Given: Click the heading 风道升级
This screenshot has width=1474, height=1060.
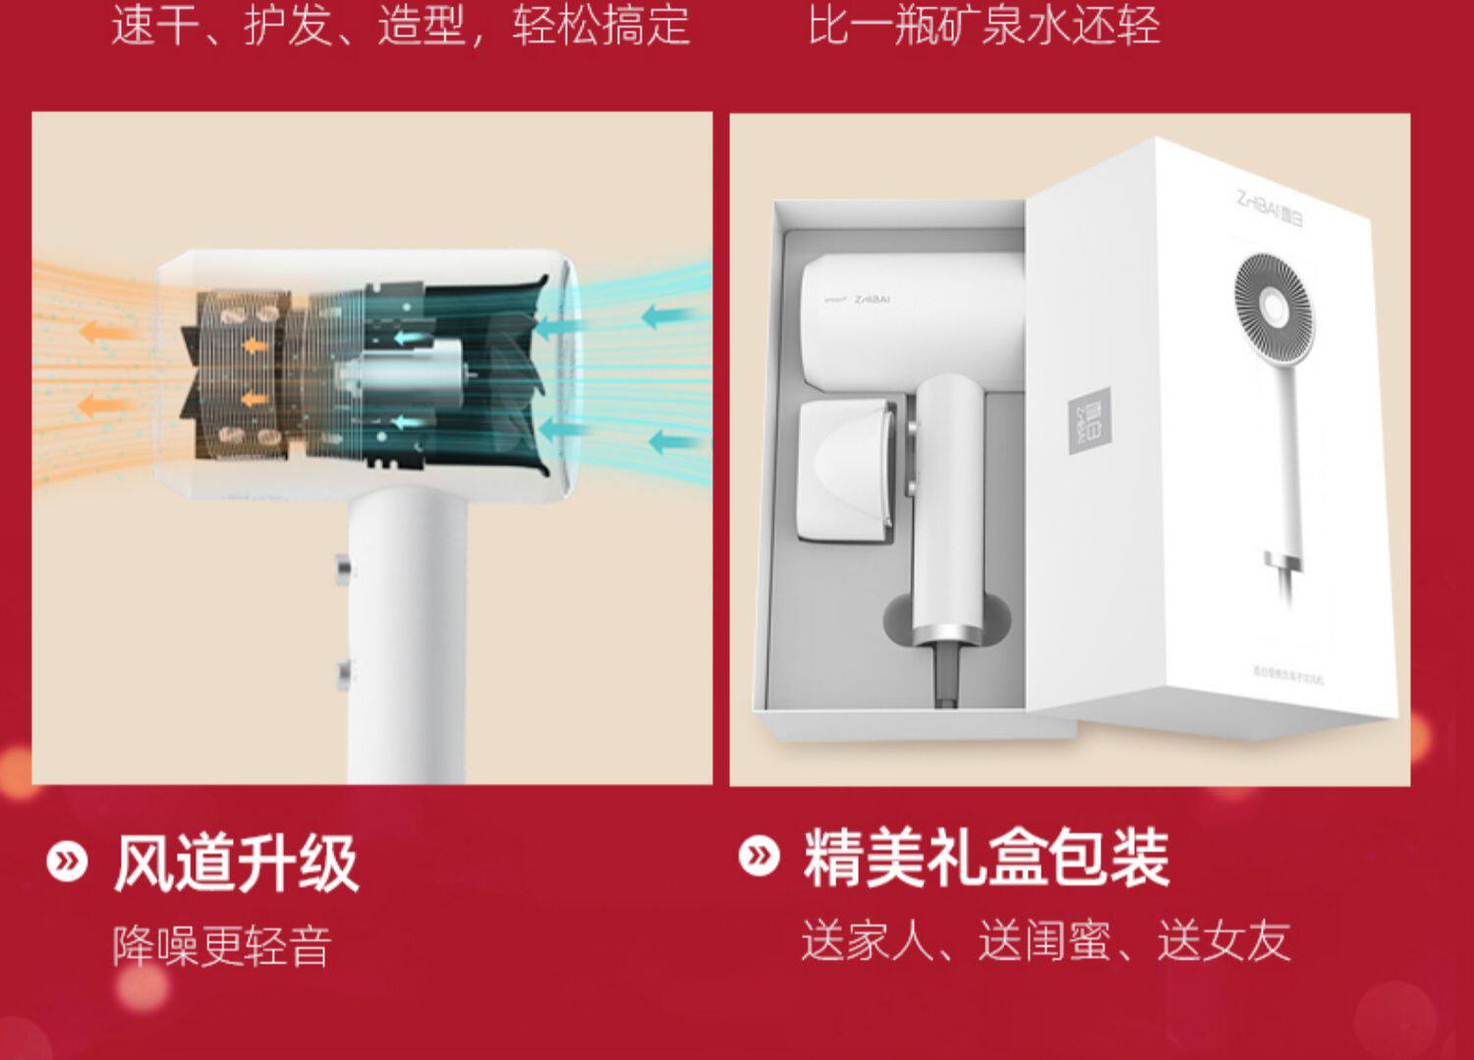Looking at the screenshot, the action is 236,863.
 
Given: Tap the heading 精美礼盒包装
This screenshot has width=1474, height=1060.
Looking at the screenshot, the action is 986,858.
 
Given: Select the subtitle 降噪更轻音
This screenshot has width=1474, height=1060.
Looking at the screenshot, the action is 222,946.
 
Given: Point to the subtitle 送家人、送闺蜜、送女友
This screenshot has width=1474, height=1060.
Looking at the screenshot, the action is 1045,940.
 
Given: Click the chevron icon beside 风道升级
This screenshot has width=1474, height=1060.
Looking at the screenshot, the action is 67,862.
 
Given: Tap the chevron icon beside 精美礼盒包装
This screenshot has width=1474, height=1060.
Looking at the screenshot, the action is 759,856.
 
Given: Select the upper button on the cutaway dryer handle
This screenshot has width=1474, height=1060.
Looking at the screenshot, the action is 343,569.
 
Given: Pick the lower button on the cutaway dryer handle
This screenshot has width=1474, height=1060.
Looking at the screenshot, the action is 343,673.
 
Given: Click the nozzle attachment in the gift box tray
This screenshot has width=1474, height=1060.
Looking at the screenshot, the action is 844,472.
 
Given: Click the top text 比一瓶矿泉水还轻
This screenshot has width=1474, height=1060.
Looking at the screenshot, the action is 984,25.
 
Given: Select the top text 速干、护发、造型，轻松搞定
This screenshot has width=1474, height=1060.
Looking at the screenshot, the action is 401,25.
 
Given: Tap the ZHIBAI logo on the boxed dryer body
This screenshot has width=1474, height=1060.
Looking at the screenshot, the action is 871,299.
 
